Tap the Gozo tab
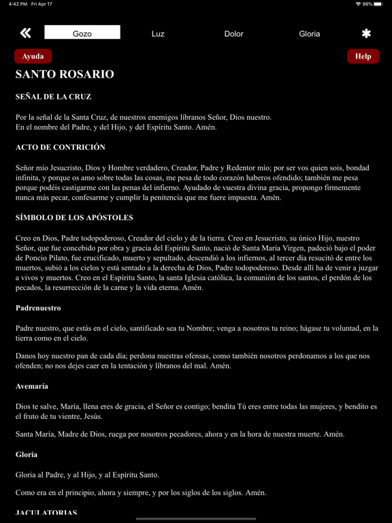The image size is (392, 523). coord(82,33)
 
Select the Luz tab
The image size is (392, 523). coord(158,33)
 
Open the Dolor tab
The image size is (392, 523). coord(233,33)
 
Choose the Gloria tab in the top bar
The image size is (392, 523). coord(310,33)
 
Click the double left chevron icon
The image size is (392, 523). coord(26,33)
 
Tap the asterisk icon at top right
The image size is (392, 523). coord(366,33)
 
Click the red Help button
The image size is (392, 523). coord(363,57)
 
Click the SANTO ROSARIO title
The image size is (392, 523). coord(65,74)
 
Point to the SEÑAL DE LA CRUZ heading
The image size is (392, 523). coord(53,97)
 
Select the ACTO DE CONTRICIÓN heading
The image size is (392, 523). coord(61,147)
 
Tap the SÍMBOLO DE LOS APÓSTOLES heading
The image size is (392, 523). coord(74,218)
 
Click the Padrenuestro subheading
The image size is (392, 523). coord(38,308)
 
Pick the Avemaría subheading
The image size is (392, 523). coord(32,386)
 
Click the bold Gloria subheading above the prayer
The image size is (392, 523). coord(27,454)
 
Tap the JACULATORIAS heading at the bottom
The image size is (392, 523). coord(46,513)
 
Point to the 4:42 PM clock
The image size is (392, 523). coord(18,4)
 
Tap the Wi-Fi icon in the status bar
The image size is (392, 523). coord(358,4)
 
